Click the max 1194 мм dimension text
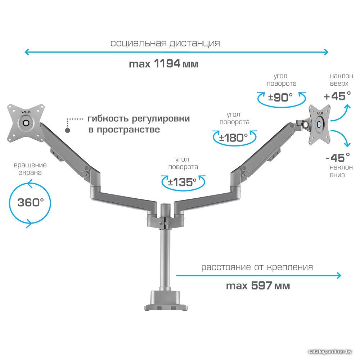click(x=163, y=64)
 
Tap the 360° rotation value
click(x=31, y=202)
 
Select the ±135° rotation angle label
click(x=182, y=183)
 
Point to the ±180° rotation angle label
click(x=234, y=138)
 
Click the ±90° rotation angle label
click(x=280, y=98)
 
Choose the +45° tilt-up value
click(x=337, y=96)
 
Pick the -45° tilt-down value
click(x=338, y=158)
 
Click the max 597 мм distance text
click(x=258, y=286)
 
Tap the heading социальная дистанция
click(x=165, y=44)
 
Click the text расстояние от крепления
click(x=257, y=267)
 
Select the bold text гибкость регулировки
click(x=139, y=119)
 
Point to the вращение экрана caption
click(x=30, y=169)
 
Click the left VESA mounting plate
click(x=26, y=123)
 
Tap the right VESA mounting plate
click(x=319, y=124)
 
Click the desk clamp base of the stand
click(x=166, y=301)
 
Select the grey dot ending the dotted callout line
click(x=68, y=130)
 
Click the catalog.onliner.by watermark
click(x=330, y=351)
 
